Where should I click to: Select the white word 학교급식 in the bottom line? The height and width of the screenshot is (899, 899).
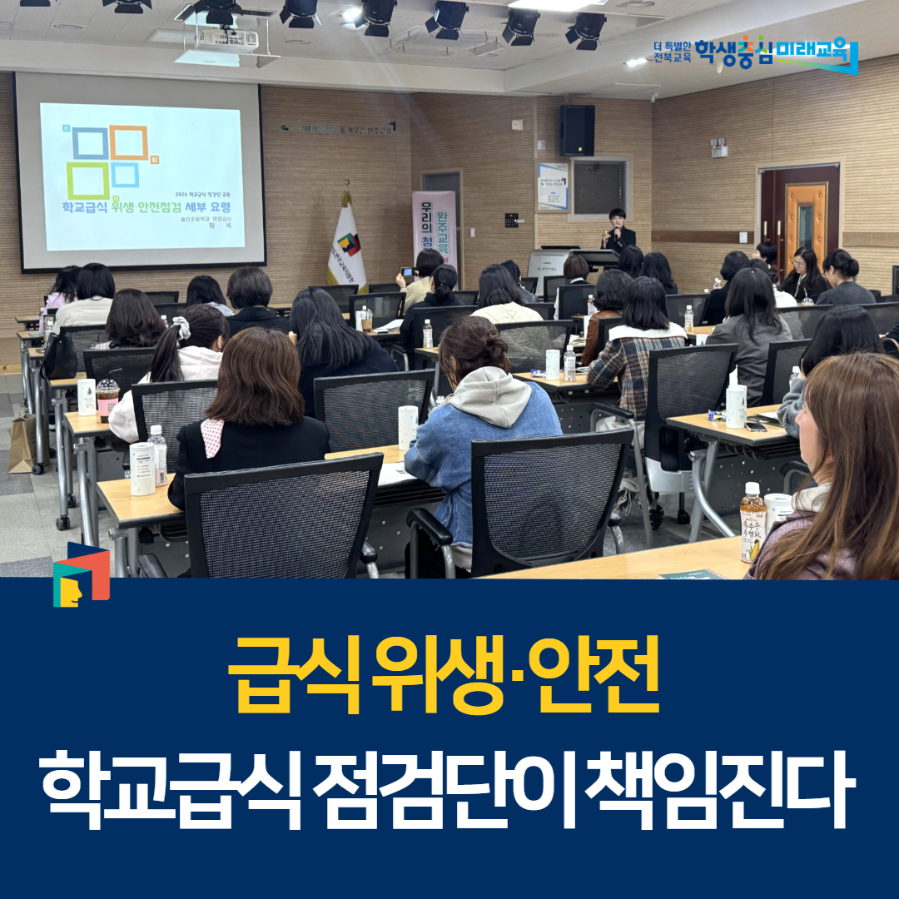(170, 787)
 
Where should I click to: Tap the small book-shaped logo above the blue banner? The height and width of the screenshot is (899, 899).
(81, 575)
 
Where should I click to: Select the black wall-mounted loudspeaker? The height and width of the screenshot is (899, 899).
(577, 130)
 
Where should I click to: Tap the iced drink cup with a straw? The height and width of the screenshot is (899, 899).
(107, 397)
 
